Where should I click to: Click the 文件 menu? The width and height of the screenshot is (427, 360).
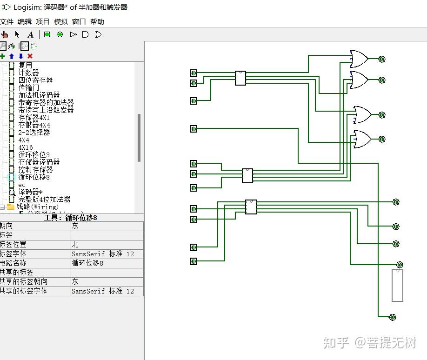click(x=7, y=22)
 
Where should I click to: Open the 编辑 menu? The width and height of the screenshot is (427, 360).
click(x=25, y=22)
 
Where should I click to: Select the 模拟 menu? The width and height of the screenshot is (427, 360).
click(x=60, y=22)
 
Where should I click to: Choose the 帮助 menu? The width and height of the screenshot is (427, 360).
click(x=97, y=22)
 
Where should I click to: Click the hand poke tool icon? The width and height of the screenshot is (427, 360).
click(x=5, y=34)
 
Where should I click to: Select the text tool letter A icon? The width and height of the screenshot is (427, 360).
click(x=30, y=34)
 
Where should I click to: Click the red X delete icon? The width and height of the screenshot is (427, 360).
click(x=30, y=56)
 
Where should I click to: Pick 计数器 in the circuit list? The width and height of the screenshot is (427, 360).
click(x=29, y=73)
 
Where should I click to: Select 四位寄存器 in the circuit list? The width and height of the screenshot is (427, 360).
click(x=35, y=80)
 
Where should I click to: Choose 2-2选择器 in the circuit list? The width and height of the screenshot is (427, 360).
click(x=34, y=133)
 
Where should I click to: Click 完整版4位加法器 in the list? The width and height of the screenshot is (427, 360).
click(x=44, y=200)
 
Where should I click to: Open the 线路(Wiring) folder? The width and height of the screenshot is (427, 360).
click(x=37, y=207)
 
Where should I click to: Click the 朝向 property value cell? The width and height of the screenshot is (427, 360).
click(x=107, y=226)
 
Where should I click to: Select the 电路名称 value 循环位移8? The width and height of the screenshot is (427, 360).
click(x=107, y=263)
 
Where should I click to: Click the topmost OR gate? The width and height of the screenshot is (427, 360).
click(x=359, y=59)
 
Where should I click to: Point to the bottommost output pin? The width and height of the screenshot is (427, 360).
click(x=393, y=317)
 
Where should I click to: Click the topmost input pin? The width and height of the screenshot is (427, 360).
click(x=193, y=73)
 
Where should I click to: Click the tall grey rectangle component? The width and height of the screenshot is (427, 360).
click(x=397, y=285)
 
